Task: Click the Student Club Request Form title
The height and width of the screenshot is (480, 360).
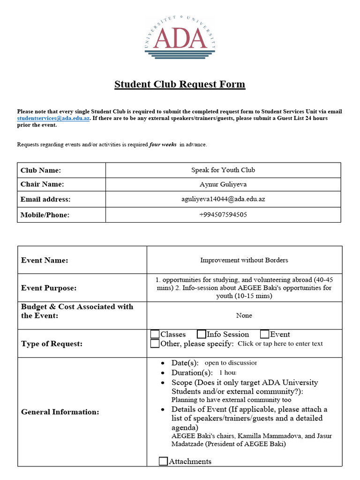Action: (x=180, y=84)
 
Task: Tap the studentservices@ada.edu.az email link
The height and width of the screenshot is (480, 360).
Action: (x=53, y=119)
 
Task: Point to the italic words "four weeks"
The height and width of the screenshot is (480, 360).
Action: (x=163, y=145)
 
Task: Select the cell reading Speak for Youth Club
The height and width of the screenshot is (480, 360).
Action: (x=223, y=170)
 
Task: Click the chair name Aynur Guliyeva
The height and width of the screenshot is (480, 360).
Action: (x=223, y=184)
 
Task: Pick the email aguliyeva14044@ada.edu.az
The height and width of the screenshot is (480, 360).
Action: (x=223, y=199)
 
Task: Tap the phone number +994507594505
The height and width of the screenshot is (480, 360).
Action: (x=223, y=215)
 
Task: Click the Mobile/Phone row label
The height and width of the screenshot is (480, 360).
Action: (x=45, y=215)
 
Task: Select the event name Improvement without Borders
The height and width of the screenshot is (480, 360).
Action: (x=244, y=260)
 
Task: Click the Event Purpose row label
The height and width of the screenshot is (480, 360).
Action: (x=49, y=288)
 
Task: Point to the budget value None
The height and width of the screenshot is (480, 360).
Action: (x=244, y=315)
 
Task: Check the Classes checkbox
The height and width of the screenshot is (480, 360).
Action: (x=155, y=334)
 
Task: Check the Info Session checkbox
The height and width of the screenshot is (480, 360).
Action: (x=202, y=334)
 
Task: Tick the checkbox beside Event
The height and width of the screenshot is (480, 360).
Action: (x=265, y=334)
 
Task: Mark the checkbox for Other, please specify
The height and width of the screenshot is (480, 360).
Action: (x=155, y=344)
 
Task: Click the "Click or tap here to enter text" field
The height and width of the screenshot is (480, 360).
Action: (x=280, y=344)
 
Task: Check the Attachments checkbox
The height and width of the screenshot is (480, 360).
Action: (x=163, y=461)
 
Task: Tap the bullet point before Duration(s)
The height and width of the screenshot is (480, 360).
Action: (x=162, y=373)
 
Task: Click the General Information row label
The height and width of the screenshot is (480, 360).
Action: (x=60, y=412)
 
